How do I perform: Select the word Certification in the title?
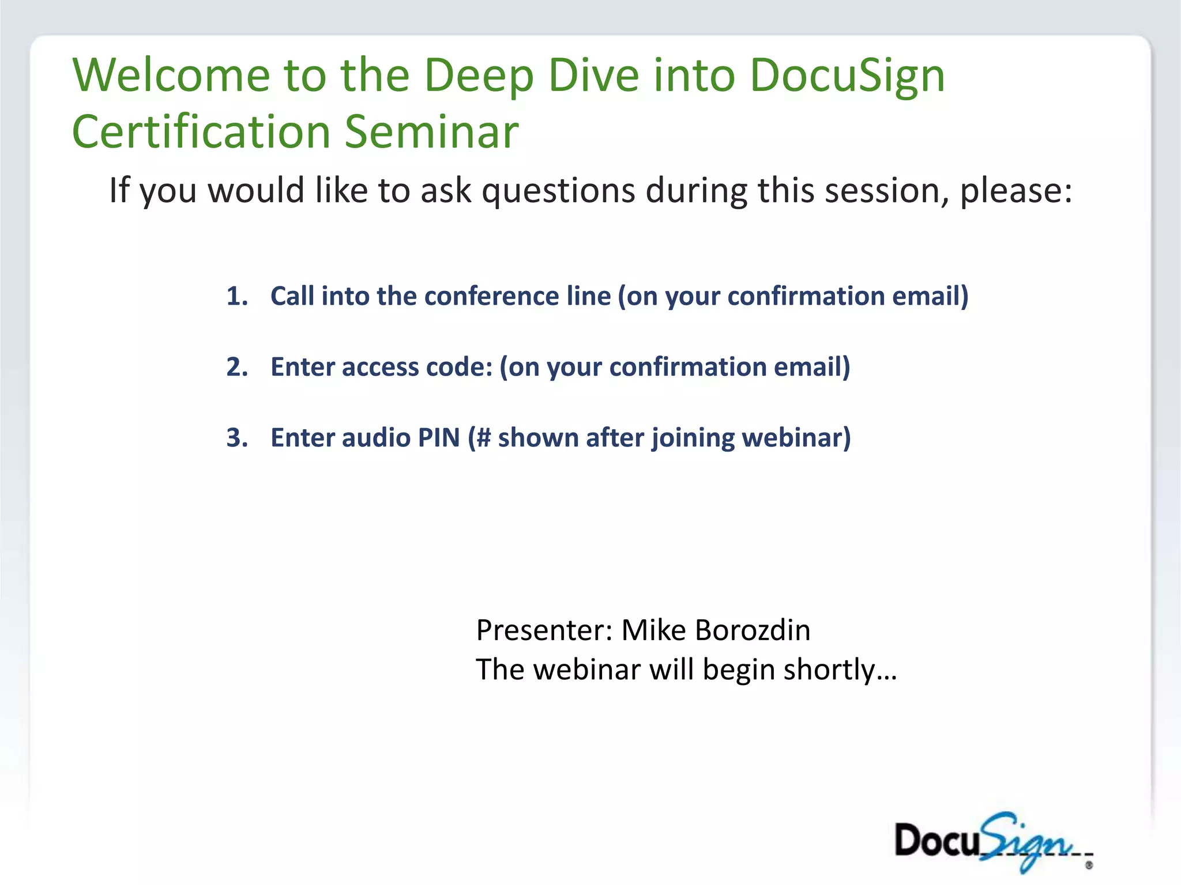coord(201,131)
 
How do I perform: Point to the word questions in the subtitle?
coord(558,190)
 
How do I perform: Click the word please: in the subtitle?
coord(1015,190)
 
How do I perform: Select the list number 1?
coord(236,296)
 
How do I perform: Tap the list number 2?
coord(236,367)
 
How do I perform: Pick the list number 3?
coord(236,438)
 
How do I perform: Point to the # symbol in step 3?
coord(483,438)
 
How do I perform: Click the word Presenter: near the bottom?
coord(544,630)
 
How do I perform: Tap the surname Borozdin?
coord(753,630)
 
